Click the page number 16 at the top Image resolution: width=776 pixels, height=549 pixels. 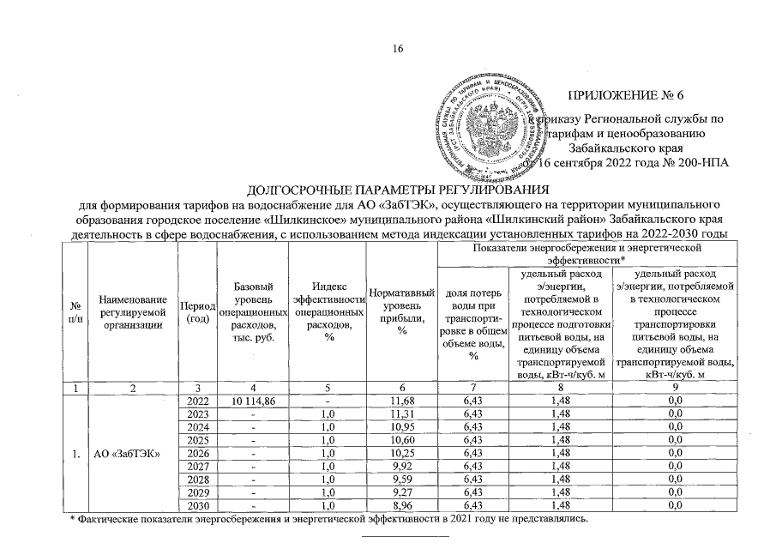[397, 49]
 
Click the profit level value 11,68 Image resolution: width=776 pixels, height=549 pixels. [401, 400]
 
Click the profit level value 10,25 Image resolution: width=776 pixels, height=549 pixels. [401, 454]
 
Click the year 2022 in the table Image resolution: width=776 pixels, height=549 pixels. [196, 400]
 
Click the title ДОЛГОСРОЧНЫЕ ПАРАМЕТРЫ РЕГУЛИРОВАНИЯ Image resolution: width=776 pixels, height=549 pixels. [397, 190]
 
